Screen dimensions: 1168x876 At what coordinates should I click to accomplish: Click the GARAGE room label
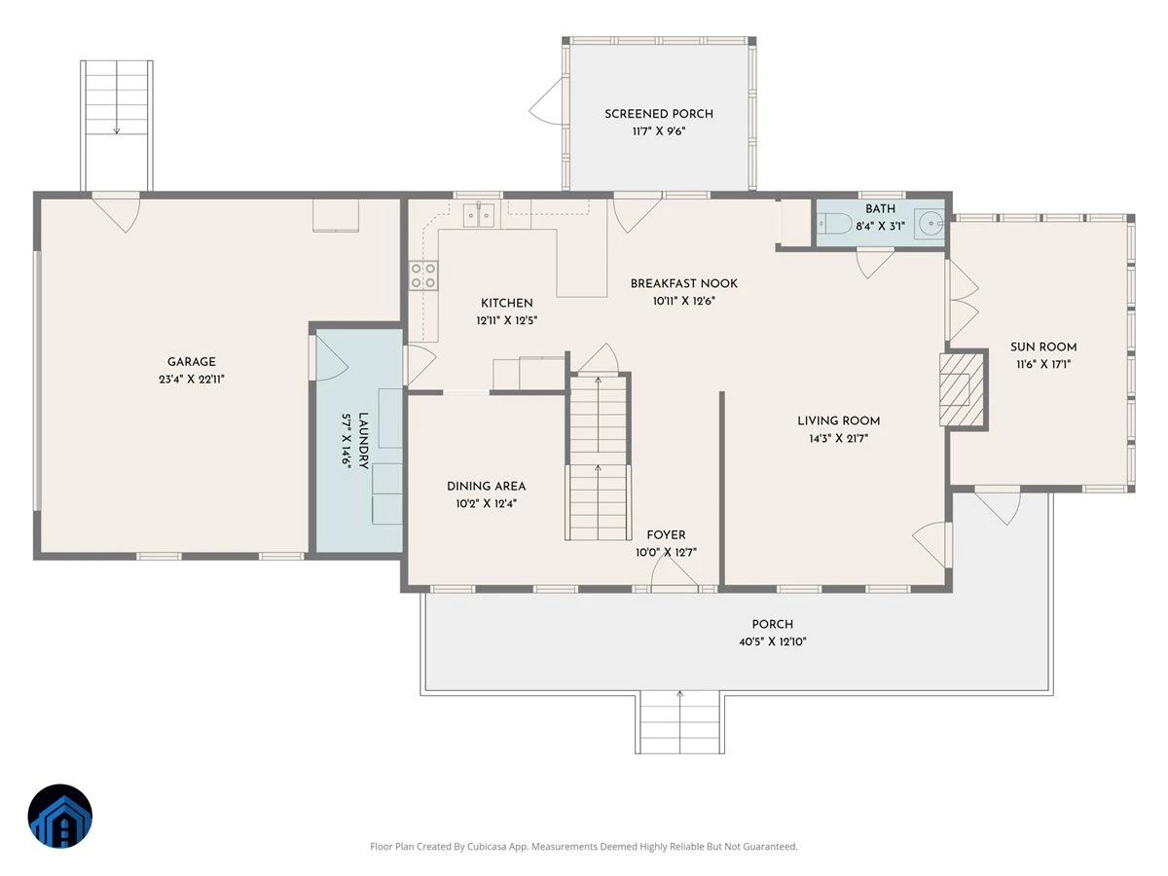tap(191, 362)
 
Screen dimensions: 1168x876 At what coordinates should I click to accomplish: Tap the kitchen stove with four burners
tap(423, 275)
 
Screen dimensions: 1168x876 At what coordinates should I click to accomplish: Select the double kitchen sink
tap(478, 215)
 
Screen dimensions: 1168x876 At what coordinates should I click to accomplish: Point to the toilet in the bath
tap(834, 224)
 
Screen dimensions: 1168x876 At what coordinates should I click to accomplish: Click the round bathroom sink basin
tap(931, 224)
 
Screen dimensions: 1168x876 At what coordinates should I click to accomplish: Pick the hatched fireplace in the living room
tap(961, 390)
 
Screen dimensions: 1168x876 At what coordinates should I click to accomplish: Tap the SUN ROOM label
tap(1043, 347)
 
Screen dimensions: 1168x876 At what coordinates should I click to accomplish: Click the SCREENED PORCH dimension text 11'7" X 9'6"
tap(659, 130)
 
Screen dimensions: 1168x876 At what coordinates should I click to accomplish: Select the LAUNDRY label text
tap(363, 440)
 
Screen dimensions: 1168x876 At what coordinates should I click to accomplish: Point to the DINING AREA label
tap(487, 486)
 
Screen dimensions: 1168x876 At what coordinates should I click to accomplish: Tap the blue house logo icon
tap(60, 816)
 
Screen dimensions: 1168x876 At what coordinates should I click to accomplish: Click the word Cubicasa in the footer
tap(488, 846)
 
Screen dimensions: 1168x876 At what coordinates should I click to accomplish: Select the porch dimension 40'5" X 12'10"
tap(773, 641)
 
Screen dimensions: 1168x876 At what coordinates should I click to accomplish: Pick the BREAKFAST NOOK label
tap(684, 283)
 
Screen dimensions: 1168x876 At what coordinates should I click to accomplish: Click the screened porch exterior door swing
tap(545, 101)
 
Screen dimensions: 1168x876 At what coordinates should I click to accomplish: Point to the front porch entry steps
tap(679, 722)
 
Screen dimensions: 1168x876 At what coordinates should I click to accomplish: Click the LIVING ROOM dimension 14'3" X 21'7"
tap(839, 438)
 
